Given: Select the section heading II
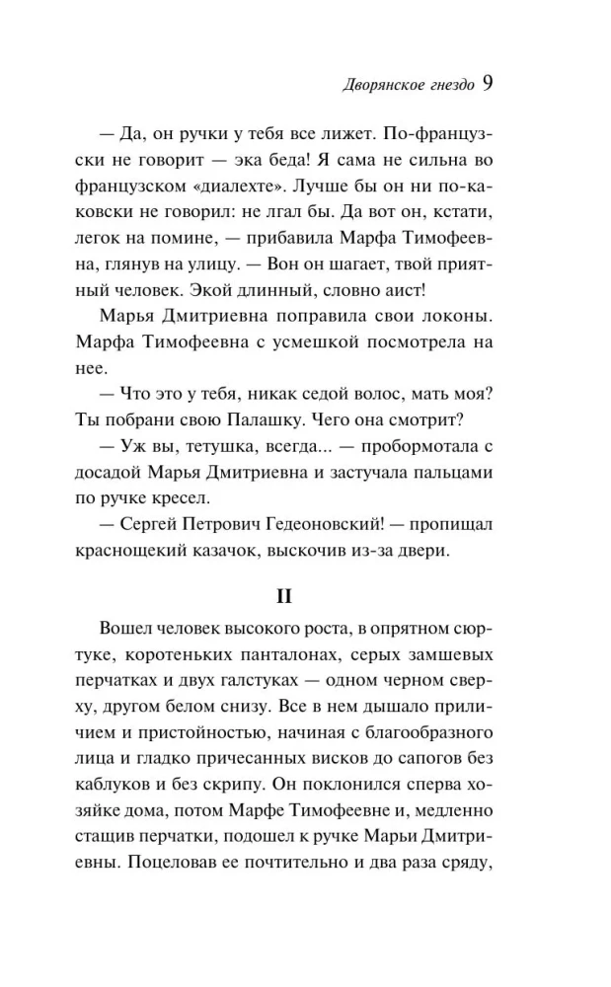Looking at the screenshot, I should (x=305, y=598).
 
